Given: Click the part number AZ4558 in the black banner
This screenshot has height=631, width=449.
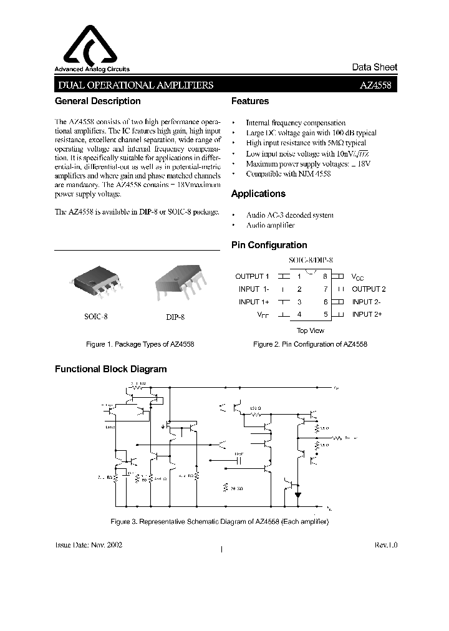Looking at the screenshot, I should (x=376, y=85).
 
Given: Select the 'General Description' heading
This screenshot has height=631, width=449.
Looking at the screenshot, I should (x=98, y=101).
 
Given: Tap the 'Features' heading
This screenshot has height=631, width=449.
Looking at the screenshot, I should (x=250, y=101).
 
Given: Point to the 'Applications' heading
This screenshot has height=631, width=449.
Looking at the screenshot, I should (x=258, y=194).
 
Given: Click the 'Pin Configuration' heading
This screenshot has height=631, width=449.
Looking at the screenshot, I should (x=269, y=245).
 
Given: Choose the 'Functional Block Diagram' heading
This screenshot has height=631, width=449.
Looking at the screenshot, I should (x=111, y=369).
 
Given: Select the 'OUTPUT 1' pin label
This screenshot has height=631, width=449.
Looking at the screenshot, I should (x=252, y=276).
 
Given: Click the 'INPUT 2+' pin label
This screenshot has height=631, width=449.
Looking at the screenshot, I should (x=367, y=314).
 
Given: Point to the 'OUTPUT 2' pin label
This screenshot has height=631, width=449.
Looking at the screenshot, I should (x=369, y=289).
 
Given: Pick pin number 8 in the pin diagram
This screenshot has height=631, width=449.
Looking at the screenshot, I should (x=325, y=276).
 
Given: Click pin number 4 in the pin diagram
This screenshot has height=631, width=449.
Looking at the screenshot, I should (x=299, y=315).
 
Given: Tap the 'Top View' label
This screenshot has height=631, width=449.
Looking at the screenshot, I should (x=310, y=330).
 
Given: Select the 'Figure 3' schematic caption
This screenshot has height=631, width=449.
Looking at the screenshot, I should (x=219, y=521).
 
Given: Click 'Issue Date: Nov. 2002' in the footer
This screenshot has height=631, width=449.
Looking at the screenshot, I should (x=89, y=544).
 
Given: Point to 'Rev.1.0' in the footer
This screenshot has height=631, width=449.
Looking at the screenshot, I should (x=385, y=544).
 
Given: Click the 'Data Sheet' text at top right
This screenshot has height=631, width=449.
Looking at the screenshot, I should (x=374, y=67).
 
